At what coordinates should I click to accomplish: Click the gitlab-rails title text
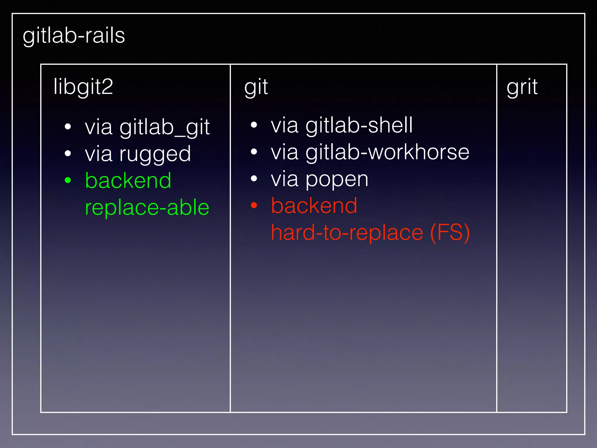74,36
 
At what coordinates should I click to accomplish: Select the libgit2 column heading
83,87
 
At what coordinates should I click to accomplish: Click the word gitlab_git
165,127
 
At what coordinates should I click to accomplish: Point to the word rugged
155,154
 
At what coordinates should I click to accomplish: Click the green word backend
128,181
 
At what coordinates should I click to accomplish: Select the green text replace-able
147,207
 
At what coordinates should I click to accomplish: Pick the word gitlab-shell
359,125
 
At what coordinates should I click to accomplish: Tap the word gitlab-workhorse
387,152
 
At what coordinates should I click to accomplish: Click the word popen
337,179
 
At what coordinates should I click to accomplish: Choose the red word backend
314,206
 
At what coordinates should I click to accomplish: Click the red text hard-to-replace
347,232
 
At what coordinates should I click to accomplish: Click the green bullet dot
68,181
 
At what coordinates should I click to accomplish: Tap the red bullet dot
254,206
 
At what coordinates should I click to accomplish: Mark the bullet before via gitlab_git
68,127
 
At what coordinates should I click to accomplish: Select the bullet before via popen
254,178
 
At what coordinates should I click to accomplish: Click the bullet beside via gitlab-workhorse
254,152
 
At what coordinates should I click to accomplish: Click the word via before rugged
99,154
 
